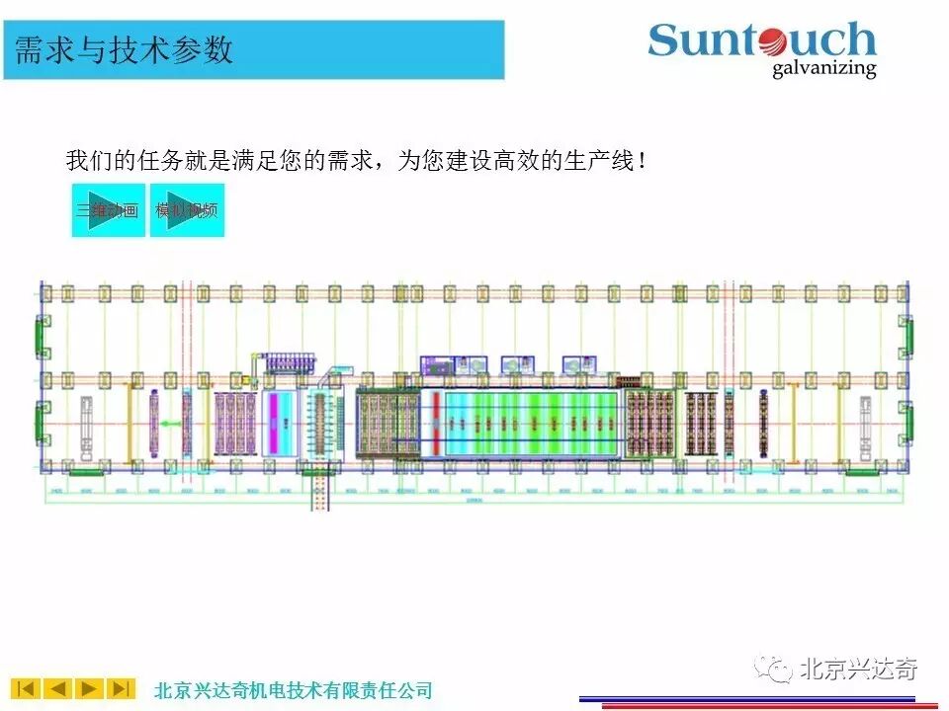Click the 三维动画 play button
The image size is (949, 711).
point(108,209)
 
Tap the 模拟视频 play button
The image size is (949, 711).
point(187,209)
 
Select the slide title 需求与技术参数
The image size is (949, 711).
point(125,49)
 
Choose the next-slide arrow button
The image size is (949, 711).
point(90,688)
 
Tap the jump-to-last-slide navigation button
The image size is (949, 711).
point(122,688)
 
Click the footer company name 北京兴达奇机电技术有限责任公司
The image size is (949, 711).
point(294,689)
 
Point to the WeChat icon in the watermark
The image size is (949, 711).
point(774,669)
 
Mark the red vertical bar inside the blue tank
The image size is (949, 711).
point(435,423)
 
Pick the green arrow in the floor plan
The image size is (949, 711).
point(171,424)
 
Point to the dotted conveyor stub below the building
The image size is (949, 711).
point(318,492)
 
